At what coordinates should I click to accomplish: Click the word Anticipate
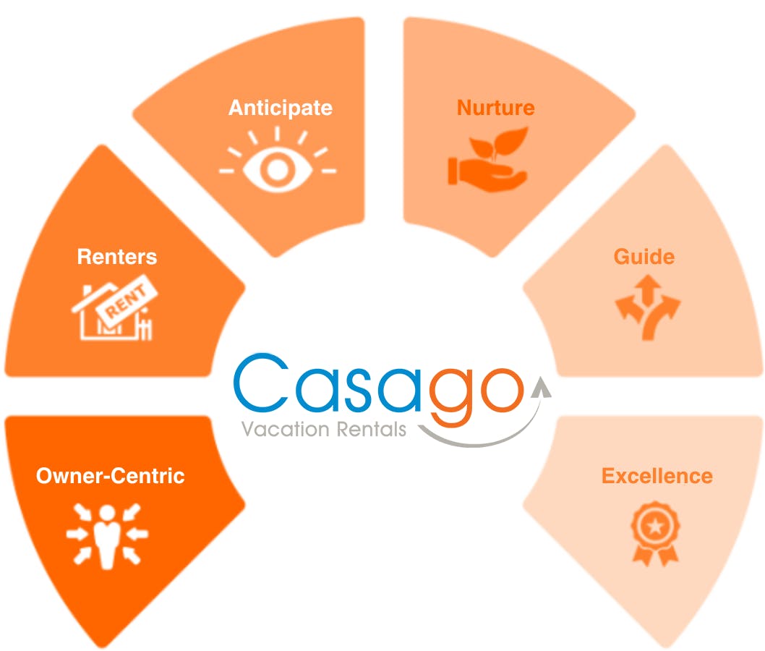(x=281, y=108)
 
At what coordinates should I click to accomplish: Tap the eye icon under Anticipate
(x=278, y=161)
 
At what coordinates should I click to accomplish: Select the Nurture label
(x=495, y=108)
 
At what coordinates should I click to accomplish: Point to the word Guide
(x=644, y=257)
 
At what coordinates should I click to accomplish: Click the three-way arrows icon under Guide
(x=647, y=305)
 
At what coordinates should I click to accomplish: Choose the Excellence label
(x=657, y=476)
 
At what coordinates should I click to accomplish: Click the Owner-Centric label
(x=111, y=476)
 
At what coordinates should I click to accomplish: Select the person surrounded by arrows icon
(x=107, y=535)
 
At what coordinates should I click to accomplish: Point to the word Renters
(x=116, y=257)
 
